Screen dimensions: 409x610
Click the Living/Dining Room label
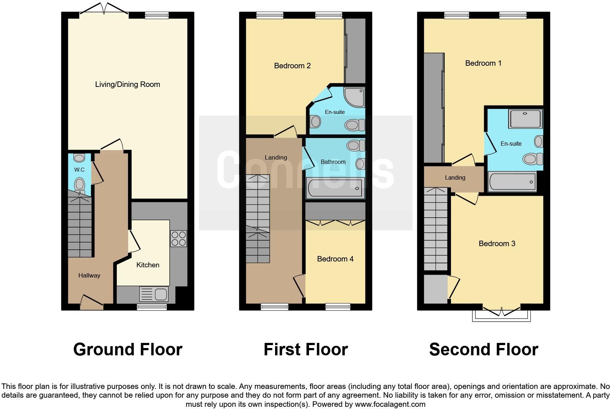(127, 84)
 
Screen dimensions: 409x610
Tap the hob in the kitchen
(178, 238)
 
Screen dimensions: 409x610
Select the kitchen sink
(154, 294)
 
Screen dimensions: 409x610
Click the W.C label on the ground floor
(79, 169)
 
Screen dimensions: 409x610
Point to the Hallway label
(89, 275)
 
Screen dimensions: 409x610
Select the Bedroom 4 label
(335, 259)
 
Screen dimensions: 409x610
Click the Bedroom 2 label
(292, 66)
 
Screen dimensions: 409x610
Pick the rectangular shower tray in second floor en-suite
(525, 119)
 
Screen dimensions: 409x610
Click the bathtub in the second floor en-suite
(512, 181)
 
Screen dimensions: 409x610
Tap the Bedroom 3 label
(497, 244)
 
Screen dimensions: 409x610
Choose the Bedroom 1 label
(483, 63)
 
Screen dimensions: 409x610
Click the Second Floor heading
(483, 349)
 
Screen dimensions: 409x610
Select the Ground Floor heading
(128, 349)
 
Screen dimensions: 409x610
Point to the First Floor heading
(305, 349)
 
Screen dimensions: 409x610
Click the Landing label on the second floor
(455, 177)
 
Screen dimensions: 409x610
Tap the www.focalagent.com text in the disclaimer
(390, 404)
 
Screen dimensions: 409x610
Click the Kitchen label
(148, 265)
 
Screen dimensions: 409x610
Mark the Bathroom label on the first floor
(333, 162)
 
